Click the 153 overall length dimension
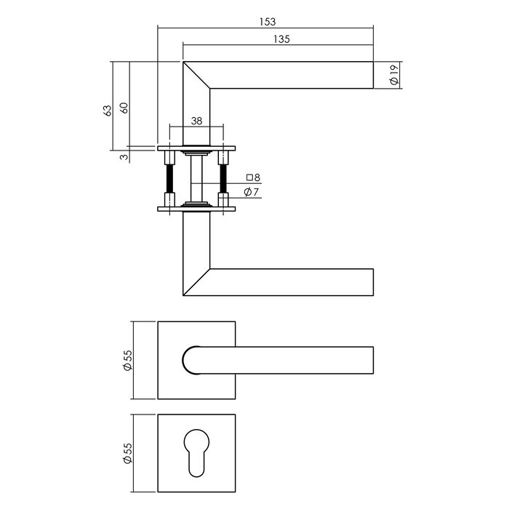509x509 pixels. click(x=266, y=23)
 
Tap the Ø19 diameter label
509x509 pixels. click(x=393, y=76)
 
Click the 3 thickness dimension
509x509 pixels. click(x=124, y=156)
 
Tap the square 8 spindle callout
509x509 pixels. click(x=252, y=177)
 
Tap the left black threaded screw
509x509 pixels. click(x=169, y=178)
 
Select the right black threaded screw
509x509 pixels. click(x=223, y=178)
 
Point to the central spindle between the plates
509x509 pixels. click(x=196, y=178)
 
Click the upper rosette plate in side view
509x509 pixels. click(x=196, y=148)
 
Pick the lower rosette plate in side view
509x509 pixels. click(x=196, y=209)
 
